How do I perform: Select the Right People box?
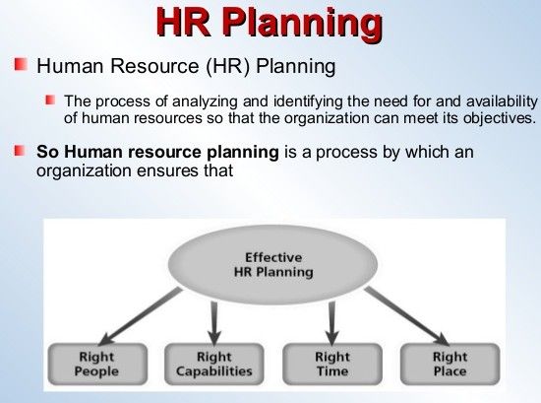pyautogui.click(x=96, y=364)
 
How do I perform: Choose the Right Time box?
pyautogui.click(x=331, y=364)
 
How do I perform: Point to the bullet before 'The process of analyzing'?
pyautogui.click(x=50, y=101)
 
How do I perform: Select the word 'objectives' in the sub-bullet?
pyautogui.click(x=497, y=118)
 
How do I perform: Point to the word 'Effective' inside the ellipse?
pyautogui.click(x=272, y=257)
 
